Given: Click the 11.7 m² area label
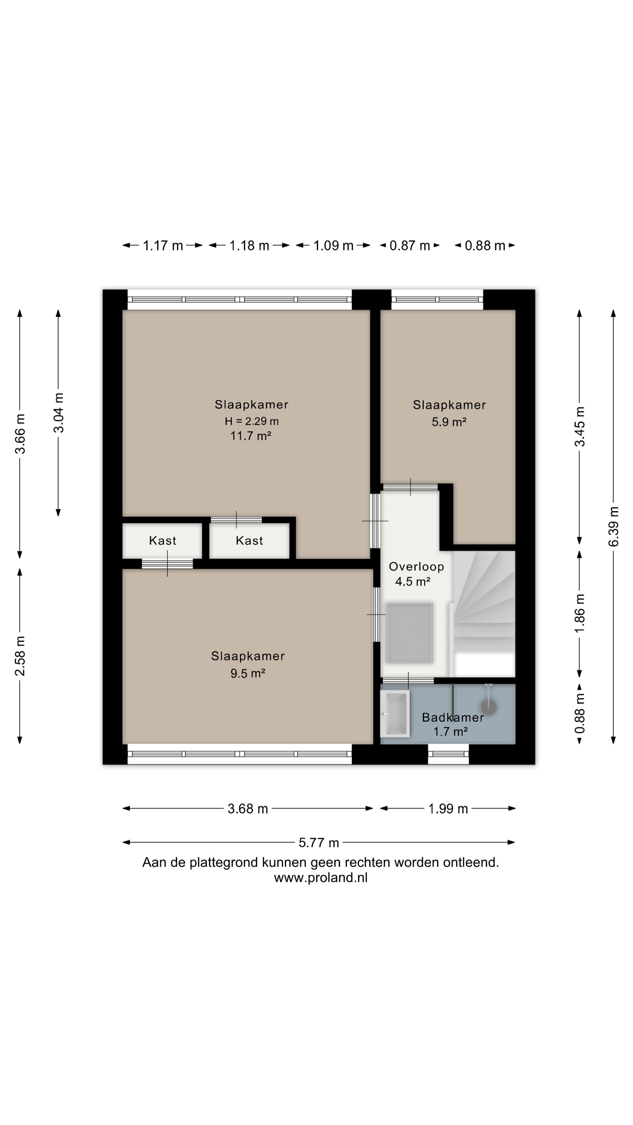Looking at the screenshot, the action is click(251, 435).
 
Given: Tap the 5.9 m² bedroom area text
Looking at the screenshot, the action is click(449, 422).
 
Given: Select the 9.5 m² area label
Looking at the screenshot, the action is click(248, 673).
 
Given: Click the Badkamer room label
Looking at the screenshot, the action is click(452, 717).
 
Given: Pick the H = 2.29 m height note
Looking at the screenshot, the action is click(252, 421).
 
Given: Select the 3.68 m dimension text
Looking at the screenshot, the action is click(248, 809).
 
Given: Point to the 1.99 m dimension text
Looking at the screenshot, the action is click(448, 809).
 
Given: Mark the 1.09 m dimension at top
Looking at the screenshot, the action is click(333, 246).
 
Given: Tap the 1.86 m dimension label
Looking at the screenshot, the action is click(579, 613).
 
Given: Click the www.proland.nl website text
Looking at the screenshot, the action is click(321, 878).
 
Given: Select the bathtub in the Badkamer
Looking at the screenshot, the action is click(395, 713).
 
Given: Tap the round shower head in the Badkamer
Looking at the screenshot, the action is click(488, 706).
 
